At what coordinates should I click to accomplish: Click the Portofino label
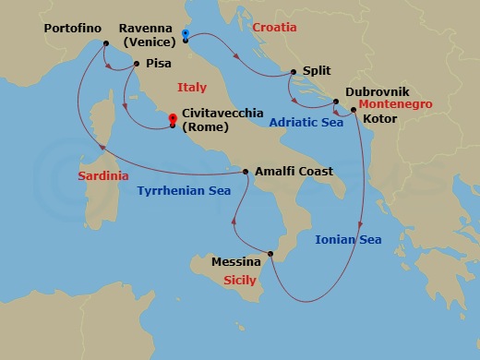(x=72, y=29)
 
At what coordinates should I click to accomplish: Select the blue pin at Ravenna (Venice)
(x=186, y=35)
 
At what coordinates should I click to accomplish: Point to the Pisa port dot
(x=136, y=64)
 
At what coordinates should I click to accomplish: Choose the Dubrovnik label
(x=377, y=92)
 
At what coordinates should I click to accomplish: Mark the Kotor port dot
(x=354, y=111)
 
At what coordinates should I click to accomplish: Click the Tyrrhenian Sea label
(x=184, y=190)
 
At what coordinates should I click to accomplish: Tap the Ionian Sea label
(x=348, y=240)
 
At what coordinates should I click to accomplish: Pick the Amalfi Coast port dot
(x=246, y=172)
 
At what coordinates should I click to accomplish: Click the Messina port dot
(x=270, y=254)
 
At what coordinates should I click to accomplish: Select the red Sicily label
(x=240, y=279)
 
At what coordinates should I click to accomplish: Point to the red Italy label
(x=192, y=87)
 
